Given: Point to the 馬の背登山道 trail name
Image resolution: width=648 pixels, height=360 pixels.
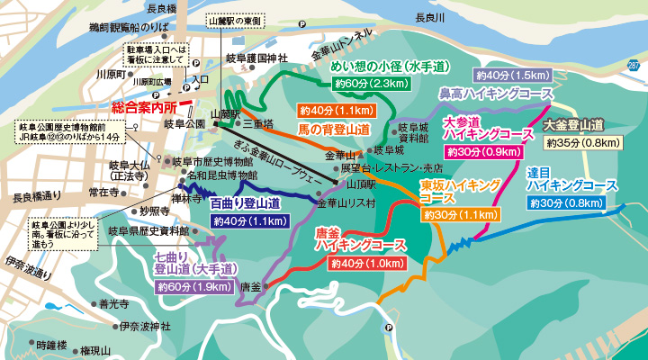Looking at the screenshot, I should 333,130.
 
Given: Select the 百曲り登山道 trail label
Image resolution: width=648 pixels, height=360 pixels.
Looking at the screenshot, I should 245,204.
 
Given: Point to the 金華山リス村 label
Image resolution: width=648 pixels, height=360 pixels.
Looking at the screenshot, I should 346,203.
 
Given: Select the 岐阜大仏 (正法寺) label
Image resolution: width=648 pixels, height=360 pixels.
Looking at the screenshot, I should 128,171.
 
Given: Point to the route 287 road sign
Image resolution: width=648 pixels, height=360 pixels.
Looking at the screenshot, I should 634,67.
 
